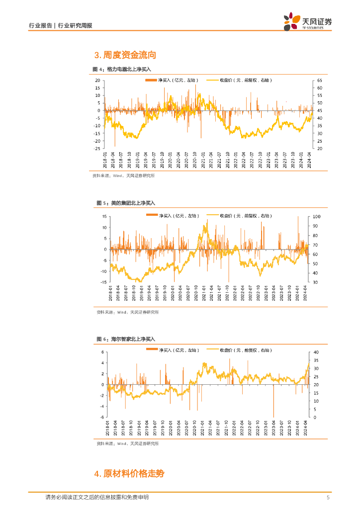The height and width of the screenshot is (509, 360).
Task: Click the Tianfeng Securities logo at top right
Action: (307, 22)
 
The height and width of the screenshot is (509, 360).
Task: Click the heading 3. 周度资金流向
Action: (121, 55)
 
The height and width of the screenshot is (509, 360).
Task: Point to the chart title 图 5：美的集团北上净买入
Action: (126, 203)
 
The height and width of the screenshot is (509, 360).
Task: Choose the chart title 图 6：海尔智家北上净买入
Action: (126, 339)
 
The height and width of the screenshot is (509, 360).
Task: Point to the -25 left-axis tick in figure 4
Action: (97, 149)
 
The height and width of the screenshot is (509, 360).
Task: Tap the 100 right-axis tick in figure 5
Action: (317, 216)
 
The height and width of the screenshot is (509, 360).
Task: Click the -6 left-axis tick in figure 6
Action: (102, 418)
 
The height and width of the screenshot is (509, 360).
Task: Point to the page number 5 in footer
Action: (328, 498)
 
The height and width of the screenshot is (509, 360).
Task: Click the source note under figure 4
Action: (123, 175)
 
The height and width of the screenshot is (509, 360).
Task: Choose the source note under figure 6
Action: (127, 444)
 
